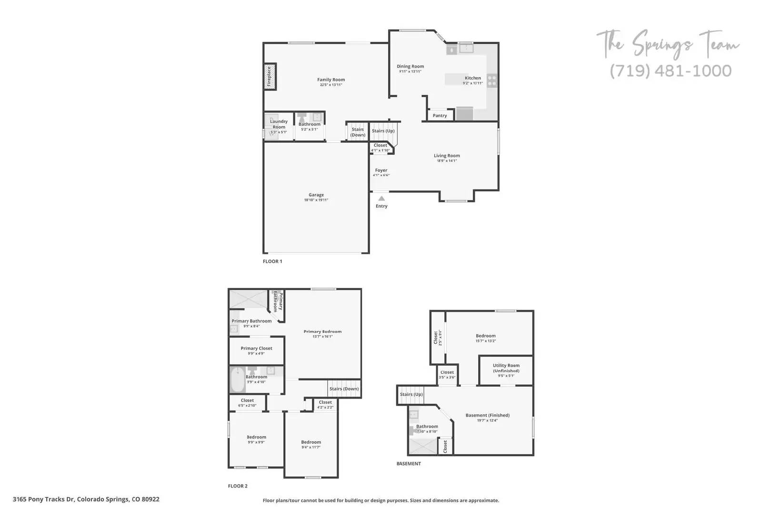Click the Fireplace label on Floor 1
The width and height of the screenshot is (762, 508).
(269, 76)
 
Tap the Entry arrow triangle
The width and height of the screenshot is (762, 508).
(381, 198)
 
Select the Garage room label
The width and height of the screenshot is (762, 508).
(316, 195)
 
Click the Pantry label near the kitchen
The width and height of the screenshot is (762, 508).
(440, 116)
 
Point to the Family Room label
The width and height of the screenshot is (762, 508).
(331, 80)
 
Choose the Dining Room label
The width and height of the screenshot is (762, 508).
(410, 67)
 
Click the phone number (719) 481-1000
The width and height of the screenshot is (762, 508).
(671, 71)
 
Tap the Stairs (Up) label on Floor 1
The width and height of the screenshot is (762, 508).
(383, 131)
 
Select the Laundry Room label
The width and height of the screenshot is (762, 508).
(279, 124)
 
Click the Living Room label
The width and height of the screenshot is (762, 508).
(447, 156)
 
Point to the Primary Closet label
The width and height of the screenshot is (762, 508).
(256, 349)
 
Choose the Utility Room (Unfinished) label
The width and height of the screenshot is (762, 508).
(506, 368)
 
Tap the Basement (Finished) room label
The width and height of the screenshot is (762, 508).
(487, 415)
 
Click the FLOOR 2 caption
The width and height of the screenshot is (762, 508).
(238, 486)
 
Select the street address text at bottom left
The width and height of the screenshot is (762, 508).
(86, 499)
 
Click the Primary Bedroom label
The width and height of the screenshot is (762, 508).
(322, 332)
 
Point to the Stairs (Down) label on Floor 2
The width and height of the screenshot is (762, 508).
(344, 389)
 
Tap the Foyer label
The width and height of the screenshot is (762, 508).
(381, 170)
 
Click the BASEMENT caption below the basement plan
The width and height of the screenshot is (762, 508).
(409, 464)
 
